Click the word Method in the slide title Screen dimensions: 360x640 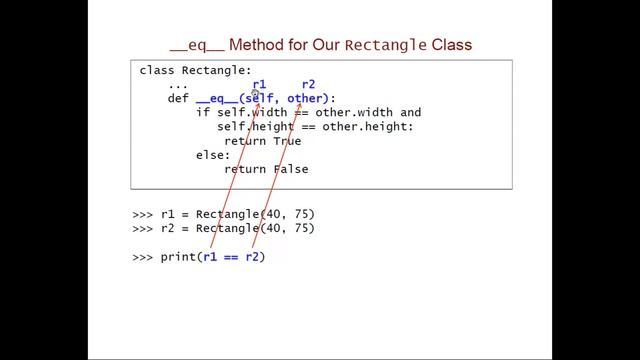coord(286,45)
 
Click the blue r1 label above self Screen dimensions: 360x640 coord(259,85)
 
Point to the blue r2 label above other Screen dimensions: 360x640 coord(308,85)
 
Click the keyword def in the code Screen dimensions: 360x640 coord(178,99)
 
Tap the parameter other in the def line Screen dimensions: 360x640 coord(306,99)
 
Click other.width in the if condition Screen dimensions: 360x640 coord(357,113)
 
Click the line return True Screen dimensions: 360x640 coord(262,141)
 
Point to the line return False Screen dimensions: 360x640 coord(266,169)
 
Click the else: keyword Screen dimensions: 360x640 coord(213,155)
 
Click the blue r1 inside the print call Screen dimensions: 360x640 coord(210,257)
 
